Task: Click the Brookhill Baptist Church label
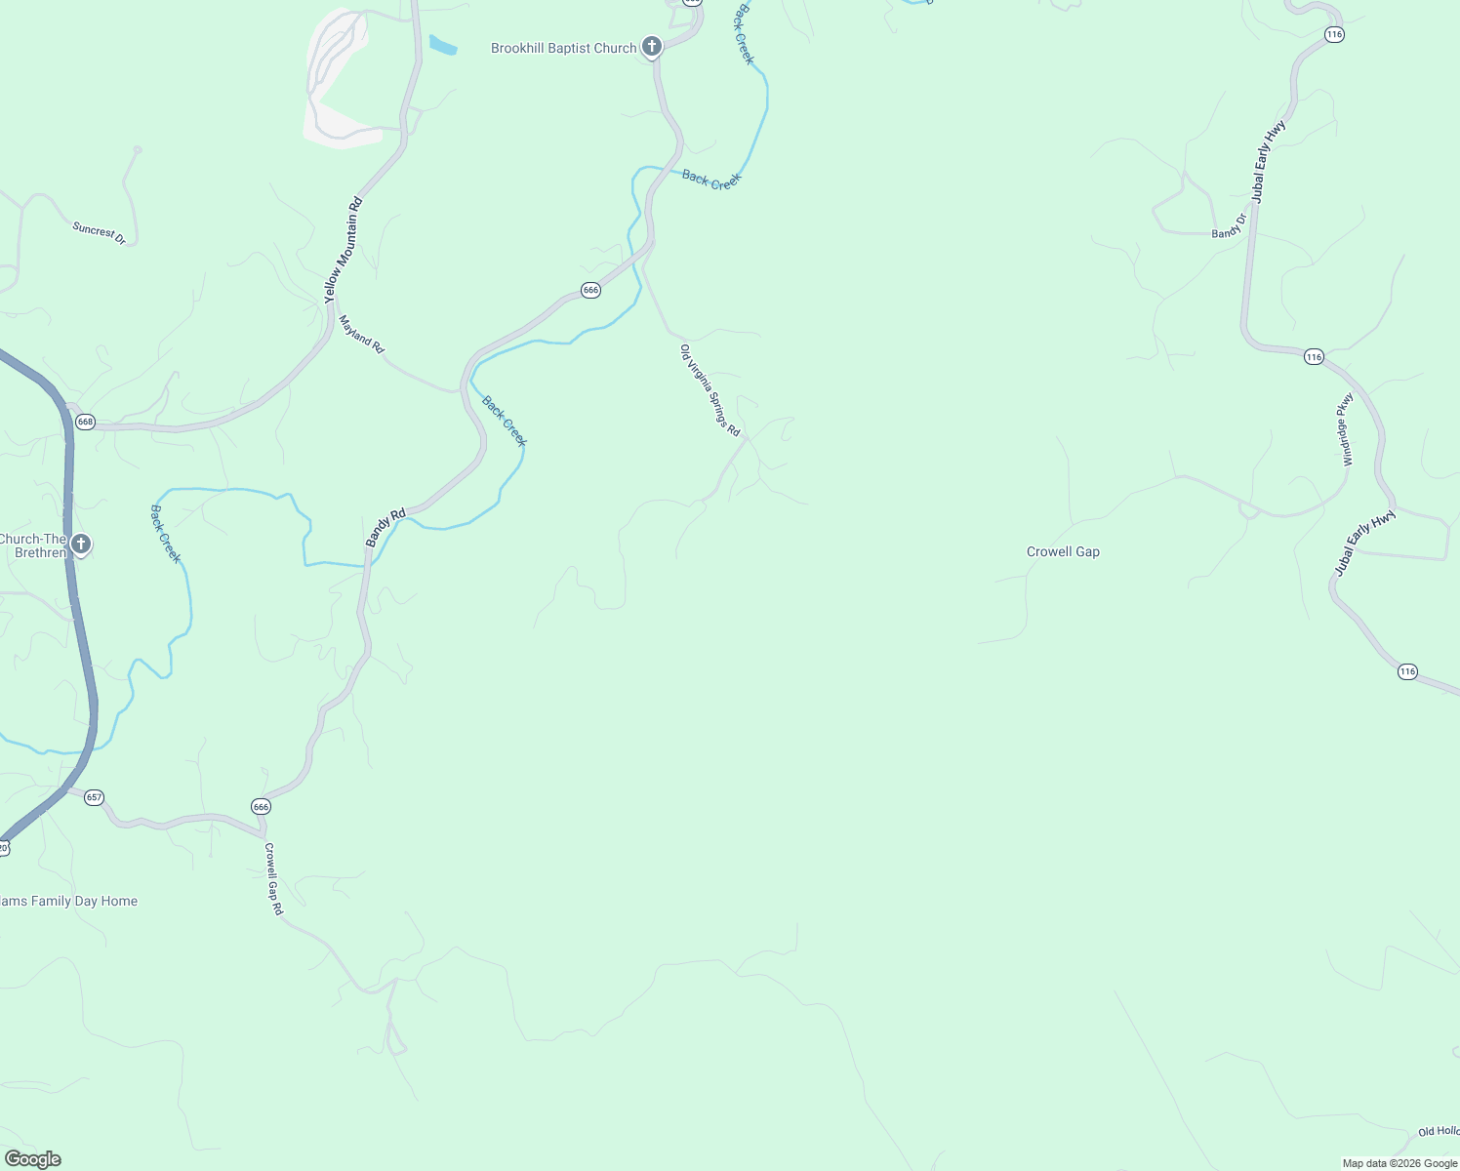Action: (563, 48)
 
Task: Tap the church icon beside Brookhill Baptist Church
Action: (652, 47)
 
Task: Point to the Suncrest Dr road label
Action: (99, 233)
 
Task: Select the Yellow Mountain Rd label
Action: (343, 250)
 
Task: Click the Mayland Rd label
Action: (361, 334)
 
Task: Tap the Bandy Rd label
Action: (385, 527)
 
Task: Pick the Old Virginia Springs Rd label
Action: (710, 390)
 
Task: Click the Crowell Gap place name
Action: (1063, 551)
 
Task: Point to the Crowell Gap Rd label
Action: (273, 878)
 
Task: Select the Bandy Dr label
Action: (1229, 226)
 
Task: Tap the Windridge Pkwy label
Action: (1347, 429)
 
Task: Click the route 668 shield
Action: (85, 422)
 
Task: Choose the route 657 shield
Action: (94, 797)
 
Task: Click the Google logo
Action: (31, 1159)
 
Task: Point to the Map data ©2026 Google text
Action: (1399, 1163)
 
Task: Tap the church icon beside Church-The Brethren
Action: (81, 545)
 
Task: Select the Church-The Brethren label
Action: (33, 545)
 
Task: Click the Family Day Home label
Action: (68, 901)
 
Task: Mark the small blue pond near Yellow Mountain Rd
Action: (443, 45)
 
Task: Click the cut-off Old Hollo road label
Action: (1439, 1131)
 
